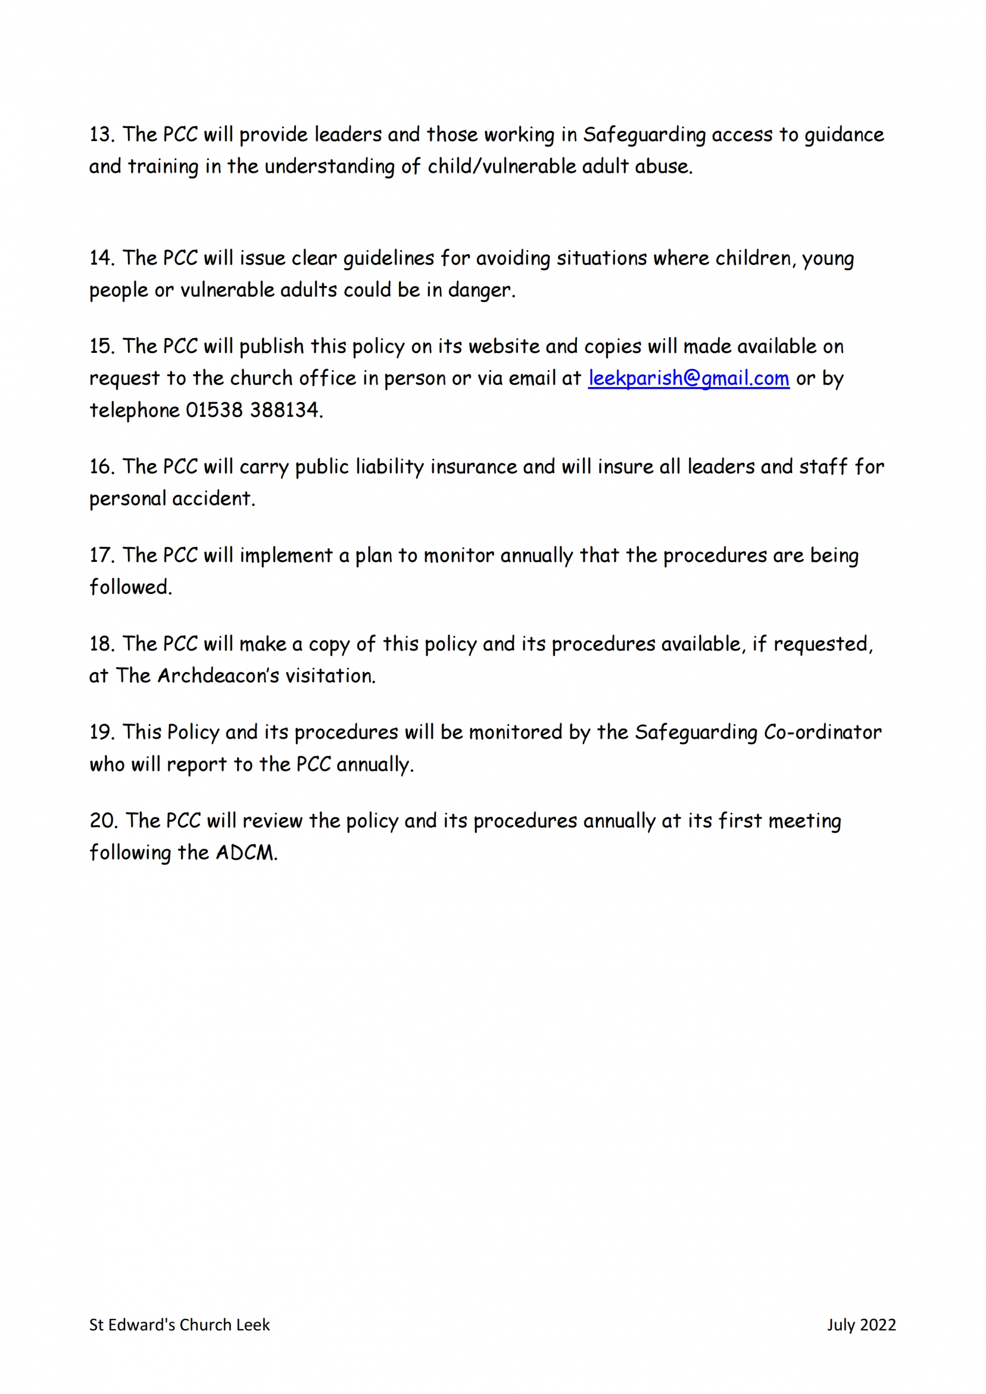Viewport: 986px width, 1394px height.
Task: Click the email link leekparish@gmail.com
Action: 689,378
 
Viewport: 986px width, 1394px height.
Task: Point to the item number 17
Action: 101,555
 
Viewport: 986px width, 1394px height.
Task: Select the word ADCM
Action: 246,853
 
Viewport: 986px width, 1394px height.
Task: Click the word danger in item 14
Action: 479,290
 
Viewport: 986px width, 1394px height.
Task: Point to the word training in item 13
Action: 163,167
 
